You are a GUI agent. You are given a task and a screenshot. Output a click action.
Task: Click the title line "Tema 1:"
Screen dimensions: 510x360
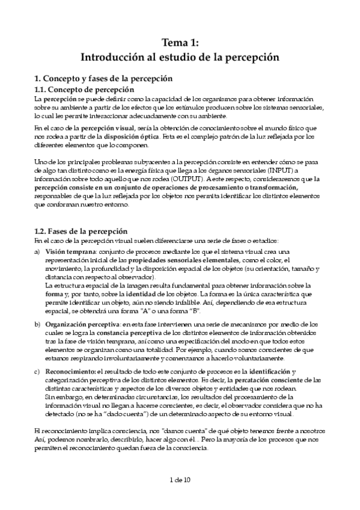pos(180,43)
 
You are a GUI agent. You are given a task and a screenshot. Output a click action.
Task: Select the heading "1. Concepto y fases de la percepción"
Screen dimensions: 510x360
pos(103,78)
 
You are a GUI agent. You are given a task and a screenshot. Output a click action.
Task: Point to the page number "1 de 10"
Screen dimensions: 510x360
pos(180,479)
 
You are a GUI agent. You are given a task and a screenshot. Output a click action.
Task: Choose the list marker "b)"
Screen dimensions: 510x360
pos(37,324)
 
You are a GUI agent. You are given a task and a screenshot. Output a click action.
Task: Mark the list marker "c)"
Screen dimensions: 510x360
pos(37,372)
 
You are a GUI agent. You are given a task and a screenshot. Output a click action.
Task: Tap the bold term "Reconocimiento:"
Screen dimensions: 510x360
pos(69,372)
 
